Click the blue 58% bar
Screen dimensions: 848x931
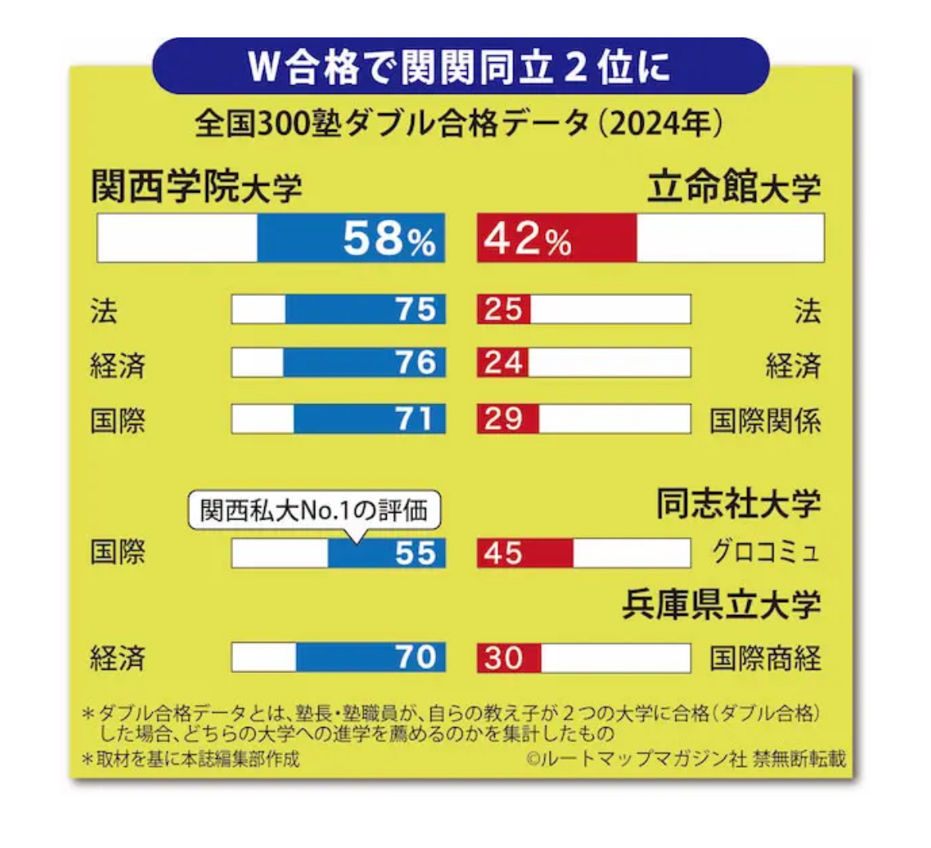(x=350, y=238)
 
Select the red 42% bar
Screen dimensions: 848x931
(x=556, y=238)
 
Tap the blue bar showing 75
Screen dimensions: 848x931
(x=364, y=309)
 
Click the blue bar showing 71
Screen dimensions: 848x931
(x=368, y=419)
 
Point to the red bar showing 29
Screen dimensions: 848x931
(x=507, y=419)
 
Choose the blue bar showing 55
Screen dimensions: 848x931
(x=386, y=553)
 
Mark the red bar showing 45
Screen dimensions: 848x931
(x=524, y=553)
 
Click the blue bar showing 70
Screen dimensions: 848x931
(x=370, y=658)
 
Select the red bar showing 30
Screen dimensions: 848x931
(x=508, y=658)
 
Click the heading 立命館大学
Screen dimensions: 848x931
(x=733, y=187)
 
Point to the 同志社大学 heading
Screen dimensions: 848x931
(x=738, y=504)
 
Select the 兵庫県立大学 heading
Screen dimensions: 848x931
(x=721, y=605)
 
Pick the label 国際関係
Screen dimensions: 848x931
(x=765, y=420)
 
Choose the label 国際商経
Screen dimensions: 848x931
(x=765, y=659)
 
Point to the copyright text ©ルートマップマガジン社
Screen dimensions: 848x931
(x=637, y=758)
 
